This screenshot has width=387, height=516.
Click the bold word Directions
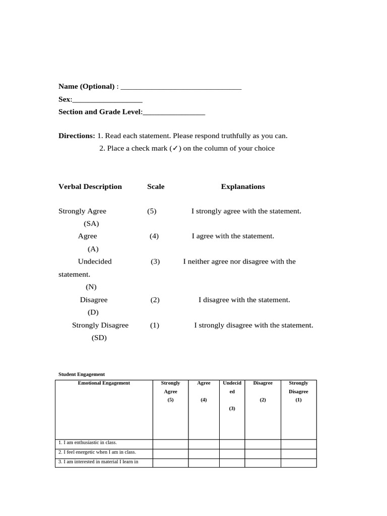pos(77,136)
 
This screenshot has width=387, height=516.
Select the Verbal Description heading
pos(90,186)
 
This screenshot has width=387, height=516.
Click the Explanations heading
pos(243,186)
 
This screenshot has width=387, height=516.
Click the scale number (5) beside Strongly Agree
pos(152,211)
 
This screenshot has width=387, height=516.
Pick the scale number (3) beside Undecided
pos(155,262)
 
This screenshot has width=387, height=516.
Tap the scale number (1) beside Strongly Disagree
pos(155,325)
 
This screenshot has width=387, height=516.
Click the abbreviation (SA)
pos(91,224)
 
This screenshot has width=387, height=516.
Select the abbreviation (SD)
pos(99,338)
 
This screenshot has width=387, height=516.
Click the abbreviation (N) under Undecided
pos(91,287)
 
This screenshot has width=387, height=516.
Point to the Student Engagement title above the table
pos(82,374)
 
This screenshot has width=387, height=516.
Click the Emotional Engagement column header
pos(104,383)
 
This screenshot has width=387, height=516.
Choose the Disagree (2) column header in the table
pos(263,392)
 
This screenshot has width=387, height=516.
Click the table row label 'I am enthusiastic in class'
pos(88,442)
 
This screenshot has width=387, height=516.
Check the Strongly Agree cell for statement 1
pos(170,443)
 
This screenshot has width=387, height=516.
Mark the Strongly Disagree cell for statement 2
pos(298,453)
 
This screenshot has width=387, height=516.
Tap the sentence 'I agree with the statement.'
pos(233,236)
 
